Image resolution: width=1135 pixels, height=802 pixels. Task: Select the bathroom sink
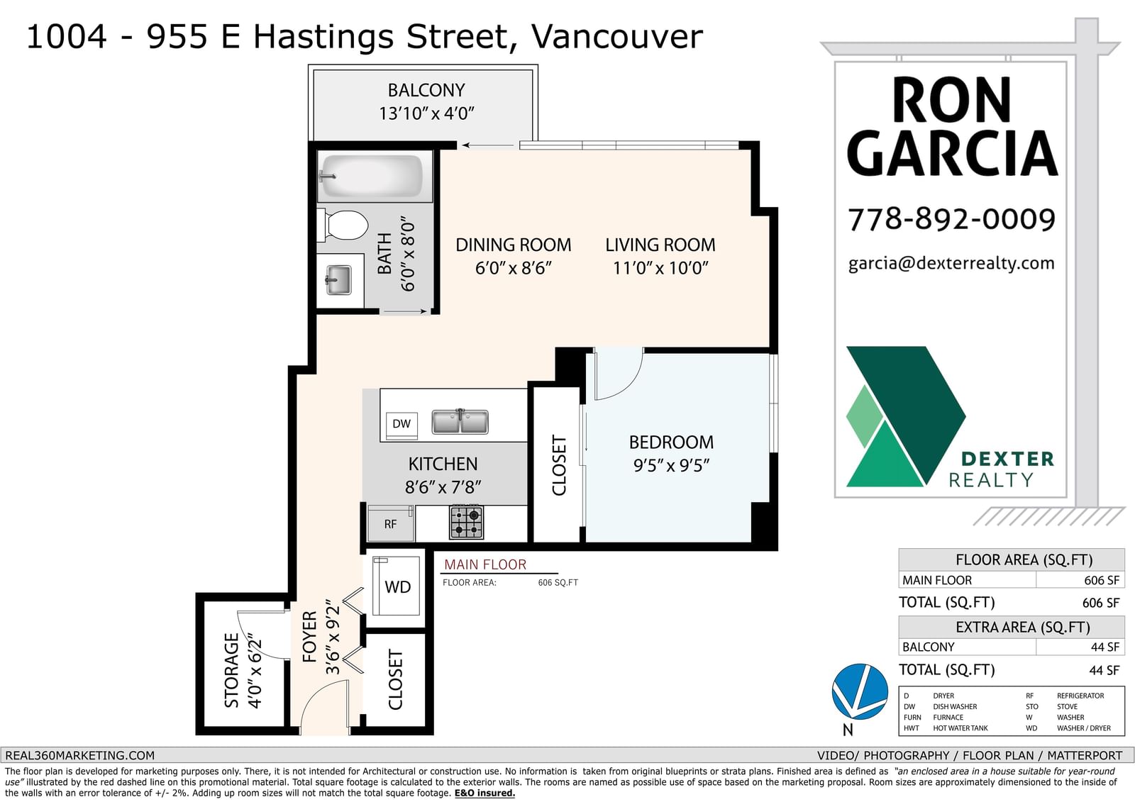point(338,279)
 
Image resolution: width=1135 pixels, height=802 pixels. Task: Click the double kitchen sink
point(460,421)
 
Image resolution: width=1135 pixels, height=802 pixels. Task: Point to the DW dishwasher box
point(402,424)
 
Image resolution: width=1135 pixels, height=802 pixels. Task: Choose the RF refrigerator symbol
point(390,524)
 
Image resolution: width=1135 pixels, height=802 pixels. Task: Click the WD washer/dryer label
point(398,586)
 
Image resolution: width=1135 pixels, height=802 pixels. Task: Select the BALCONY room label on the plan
point(426,90)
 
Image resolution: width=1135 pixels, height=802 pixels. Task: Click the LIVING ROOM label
point(660,245)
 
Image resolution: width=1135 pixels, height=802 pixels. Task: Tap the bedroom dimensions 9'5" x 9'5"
point(671,465)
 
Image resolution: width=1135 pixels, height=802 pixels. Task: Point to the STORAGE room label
point(231,670)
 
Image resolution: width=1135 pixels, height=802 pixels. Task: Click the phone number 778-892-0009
point(951,219)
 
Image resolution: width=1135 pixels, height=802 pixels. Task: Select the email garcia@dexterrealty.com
point(951,263)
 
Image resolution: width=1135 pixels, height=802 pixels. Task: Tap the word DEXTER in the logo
point(1007,459)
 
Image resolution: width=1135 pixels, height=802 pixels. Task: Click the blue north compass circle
point(860,691)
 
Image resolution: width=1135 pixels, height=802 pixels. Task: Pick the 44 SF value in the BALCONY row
point(1104,647)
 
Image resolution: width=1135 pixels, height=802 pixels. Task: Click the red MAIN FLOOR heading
point(485,564)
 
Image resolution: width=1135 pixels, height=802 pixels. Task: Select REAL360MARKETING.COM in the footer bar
point(80,755)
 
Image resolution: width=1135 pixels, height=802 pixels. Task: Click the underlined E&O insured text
point(485,793)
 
